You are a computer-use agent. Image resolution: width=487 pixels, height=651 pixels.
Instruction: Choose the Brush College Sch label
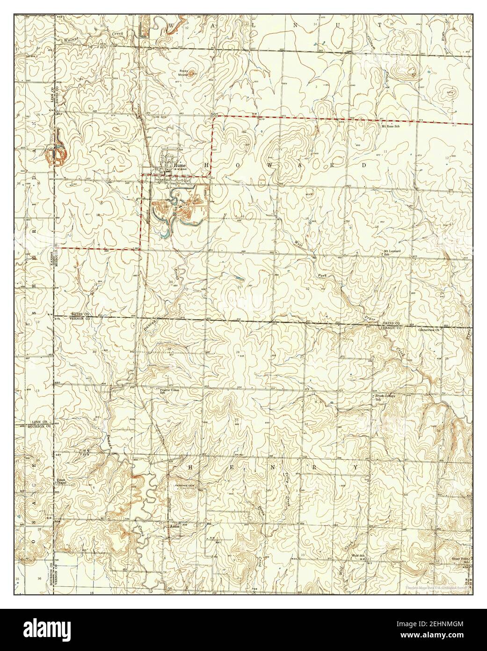point(385,397)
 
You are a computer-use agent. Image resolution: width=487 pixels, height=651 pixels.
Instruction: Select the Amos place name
point(175,526)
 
